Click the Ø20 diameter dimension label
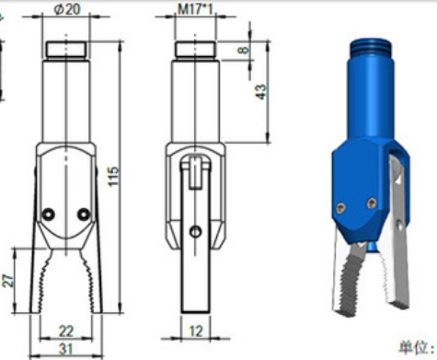[x=67, y=9]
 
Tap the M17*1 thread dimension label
[x=195, y=9]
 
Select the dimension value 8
[x=244, y=50]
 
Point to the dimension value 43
[x=261, y=92]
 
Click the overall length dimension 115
[x=113, y=177]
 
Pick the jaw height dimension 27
[x=8, y=280]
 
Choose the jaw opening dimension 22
[x=66, y=331]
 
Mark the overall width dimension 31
[x=66, y=349]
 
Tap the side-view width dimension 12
[x=196, y=331]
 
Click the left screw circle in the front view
[x=48, y=215]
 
